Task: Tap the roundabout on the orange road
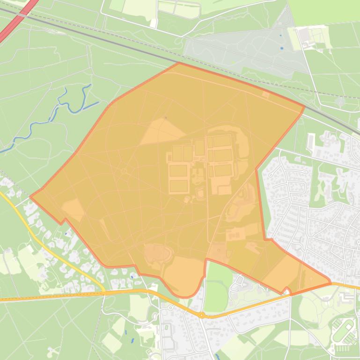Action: [x=202, y=316]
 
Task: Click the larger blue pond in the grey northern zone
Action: [x=282, y=48]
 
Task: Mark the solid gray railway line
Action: [x=94, y=38]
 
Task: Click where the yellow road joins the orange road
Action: [x=104, y=292]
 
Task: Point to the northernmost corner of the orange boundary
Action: [x=178, y=63]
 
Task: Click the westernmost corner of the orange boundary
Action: [x=30, y=197]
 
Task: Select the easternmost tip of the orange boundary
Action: [x=331, y=282]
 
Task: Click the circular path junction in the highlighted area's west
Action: [x=124, y=172]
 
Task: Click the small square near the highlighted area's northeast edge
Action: [x=265, y=95]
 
